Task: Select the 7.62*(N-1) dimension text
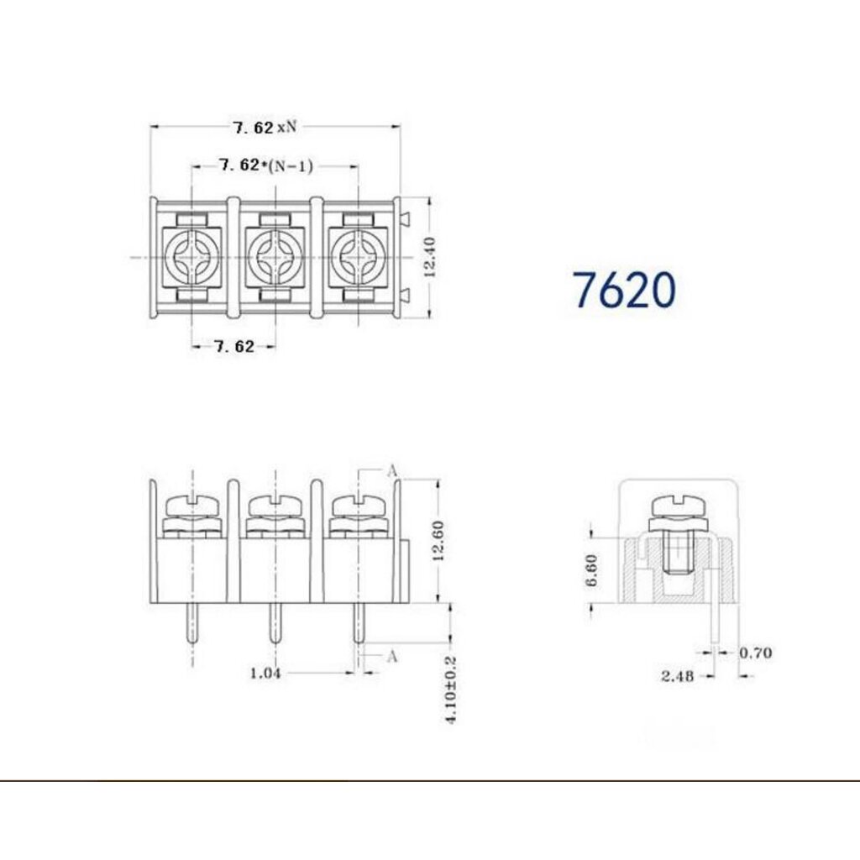coord(266,165)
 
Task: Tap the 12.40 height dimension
coord(430,257)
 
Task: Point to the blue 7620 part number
coord(624,290)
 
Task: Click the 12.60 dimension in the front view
coord(438,541)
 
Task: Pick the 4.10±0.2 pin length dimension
coord(451,690)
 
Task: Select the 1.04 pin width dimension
coord(265,673)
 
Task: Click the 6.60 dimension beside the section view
coord(592,570)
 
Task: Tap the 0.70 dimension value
coord(755,653)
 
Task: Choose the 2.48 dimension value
coord(678,676)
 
